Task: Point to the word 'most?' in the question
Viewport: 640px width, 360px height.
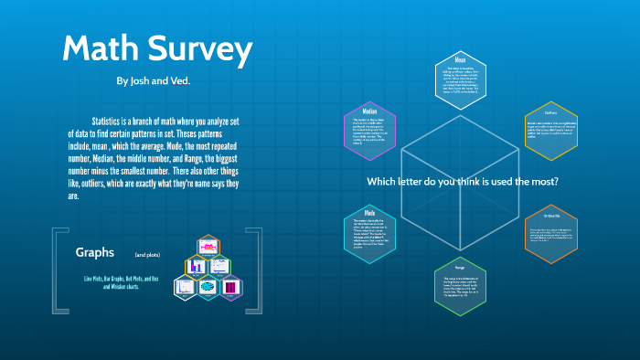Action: coord(543,182)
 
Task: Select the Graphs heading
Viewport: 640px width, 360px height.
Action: coord(94,252)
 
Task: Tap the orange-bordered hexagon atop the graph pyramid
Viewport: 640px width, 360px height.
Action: coord(207,247)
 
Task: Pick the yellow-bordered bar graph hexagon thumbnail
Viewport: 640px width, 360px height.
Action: coord(195,267)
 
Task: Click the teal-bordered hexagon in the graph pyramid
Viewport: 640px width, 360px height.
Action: coord(207,286)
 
